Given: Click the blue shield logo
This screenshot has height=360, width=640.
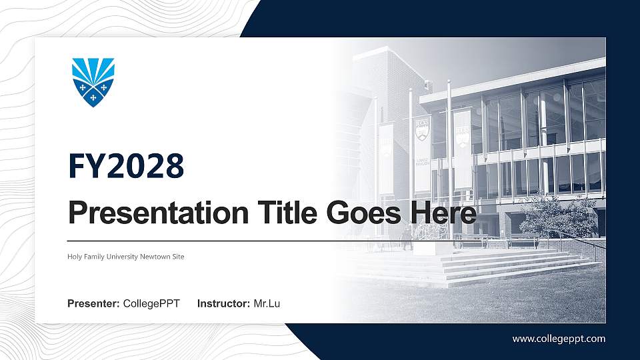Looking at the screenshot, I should (93, 82).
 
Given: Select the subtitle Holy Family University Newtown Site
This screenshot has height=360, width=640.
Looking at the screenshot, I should (125, 257).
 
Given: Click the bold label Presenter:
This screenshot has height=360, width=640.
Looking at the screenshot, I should (93, 304).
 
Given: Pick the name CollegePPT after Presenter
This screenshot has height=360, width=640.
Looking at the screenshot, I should (152, 304).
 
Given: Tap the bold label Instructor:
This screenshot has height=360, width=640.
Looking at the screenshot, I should (224, 304).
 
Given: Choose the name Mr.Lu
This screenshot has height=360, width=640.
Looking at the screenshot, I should (267, 304).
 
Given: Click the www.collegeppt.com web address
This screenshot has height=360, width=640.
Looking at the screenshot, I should (559, 339).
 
